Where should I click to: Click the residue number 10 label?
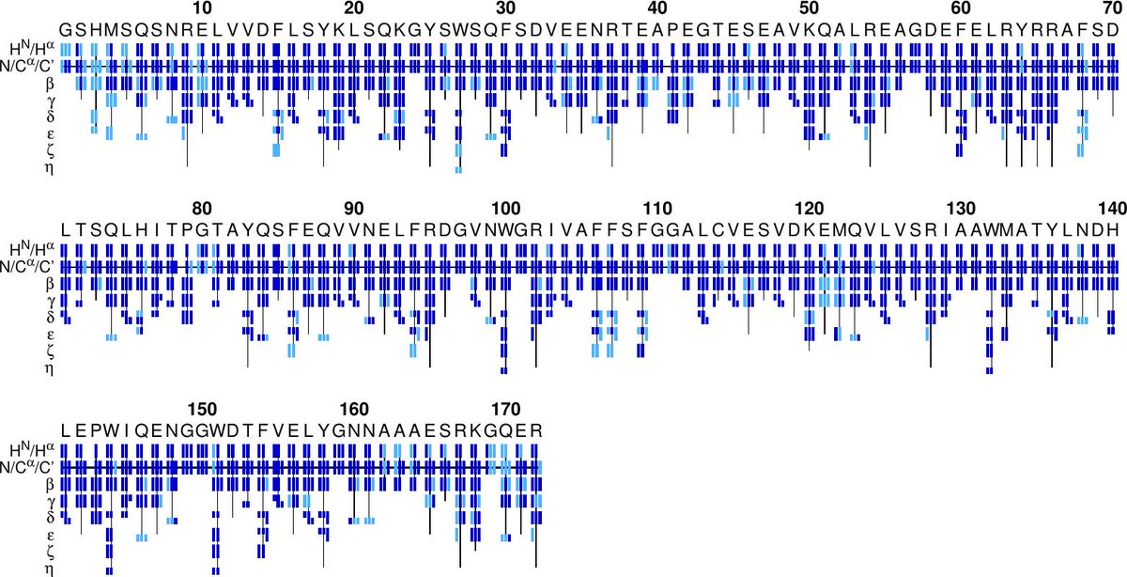point(201,8)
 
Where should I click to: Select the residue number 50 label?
point(808,8)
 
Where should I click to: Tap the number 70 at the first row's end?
point(1111,8)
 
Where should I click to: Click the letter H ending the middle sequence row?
point(1112,229)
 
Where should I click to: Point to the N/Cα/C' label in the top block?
point(28,67)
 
